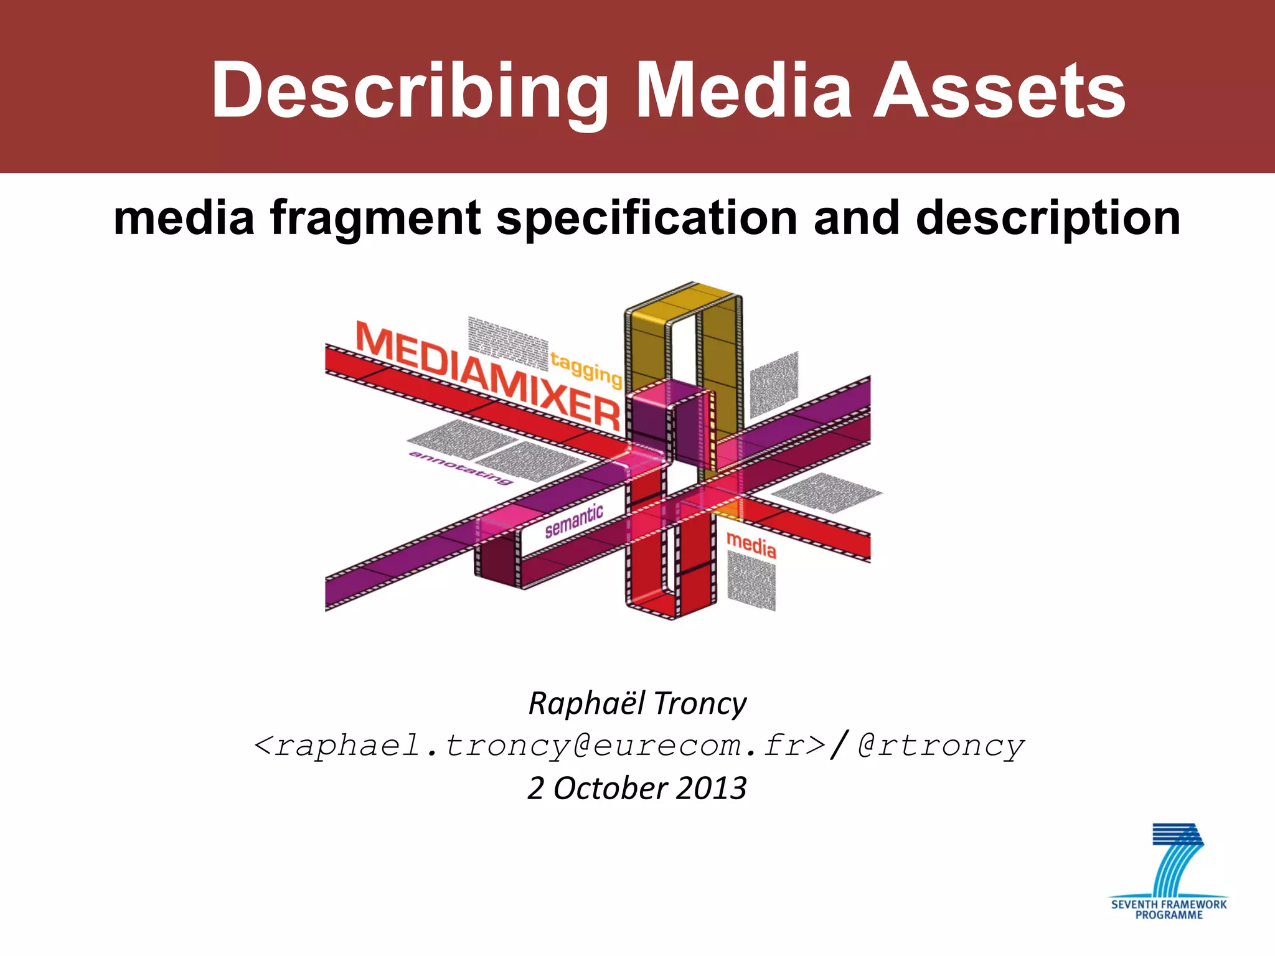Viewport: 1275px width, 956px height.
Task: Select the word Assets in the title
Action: [1000, 91]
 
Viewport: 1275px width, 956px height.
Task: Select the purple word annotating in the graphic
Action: [461, 467]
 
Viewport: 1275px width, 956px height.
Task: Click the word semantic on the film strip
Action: [574, 521]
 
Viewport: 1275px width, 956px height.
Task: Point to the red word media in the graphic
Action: [751, 545]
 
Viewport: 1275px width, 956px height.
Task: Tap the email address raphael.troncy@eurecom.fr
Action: [540, 746]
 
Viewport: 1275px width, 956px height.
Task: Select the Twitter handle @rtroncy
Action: [940, 746]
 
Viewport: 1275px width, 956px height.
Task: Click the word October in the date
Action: [611, 789]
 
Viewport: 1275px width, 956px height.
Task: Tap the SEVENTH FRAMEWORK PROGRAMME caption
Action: [1169, 909]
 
